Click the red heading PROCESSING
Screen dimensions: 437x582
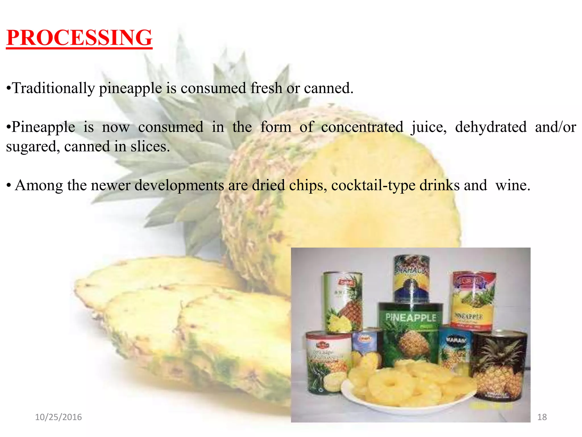coord(79,38)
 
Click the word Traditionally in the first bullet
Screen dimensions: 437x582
coord(54,88)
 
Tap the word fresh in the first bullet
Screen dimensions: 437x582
coord(266,88)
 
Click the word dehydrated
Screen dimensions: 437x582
coord(491,127)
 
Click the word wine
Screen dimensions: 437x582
coord(512,185)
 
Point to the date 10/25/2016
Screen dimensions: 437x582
coord(58,417)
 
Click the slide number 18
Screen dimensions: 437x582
coord(542,417)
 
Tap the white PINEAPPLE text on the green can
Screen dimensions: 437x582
coord(411,318)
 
